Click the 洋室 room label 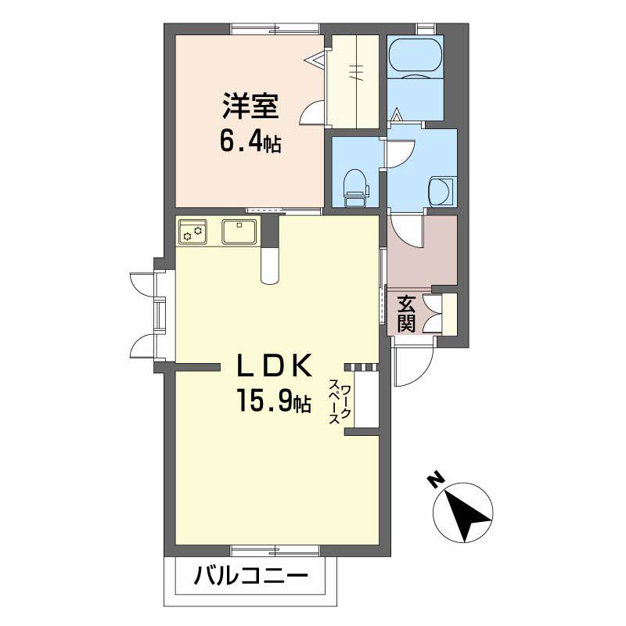250,106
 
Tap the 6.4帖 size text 250,142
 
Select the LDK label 274,366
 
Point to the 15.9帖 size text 274,401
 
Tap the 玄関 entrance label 406,315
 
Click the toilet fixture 357,187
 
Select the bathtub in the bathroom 415,57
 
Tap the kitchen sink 239,231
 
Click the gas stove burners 192,231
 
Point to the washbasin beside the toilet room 441,192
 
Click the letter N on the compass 436,479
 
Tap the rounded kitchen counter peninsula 270,265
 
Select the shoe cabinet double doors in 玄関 433,314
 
